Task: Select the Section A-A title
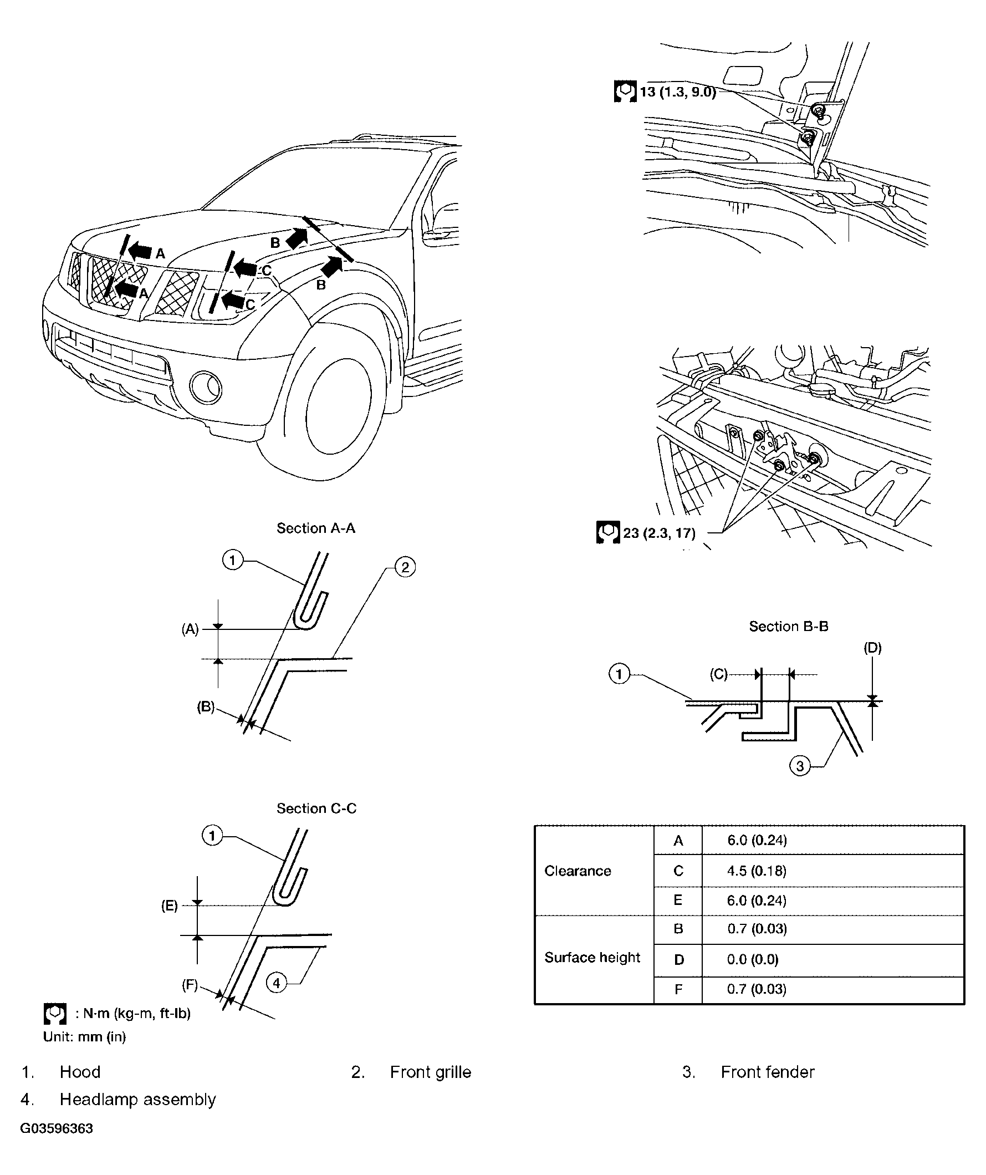(315, 528)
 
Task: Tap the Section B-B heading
(788, 626)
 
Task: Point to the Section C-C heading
(316, 808)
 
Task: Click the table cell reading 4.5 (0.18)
(756, 871)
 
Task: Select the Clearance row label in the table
(577, 871)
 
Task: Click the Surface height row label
(592, 957)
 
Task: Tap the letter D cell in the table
(678, 960)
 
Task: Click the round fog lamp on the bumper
(205, 387)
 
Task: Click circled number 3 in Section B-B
(800, 765)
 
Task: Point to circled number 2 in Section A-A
(405, 567)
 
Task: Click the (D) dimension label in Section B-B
(872, 648)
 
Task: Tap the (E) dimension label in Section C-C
(170, 906)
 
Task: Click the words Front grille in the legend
(430, 1072)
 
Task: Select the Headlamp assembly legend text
(137, 1100)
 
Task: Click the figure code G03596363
(57, 1128)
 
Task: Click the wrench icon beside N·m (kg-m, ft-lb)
(54, 1013)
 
